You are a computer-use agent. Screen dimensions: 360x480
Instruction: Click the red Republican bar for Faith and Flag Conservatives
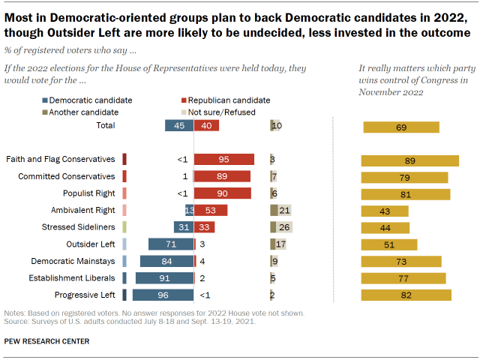click(x=223, y=159)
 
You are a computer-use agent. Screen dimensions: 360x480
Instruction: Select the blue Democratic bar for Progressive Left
click(x=163, y=295)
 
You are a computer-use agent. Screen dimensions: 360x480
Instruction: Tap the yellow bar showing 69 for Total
click(x=401, y=127)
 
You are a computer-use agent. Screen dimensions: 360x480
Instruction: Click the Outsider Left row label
click(x=89, y=244)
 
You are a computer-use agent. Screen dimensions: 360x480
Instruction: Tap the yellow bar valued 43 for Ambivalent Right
click(x=385, y=210)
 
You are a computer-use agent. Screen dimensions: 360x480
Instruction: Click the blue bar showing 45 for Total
click(x=179, y=126)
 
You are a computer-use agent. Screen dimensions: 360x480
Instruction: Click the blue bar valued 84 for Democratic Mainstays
click(x=167, y=261)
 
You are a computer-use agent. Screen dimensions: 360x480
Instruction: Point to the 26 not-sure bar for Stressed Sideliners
click(x=281, y=226)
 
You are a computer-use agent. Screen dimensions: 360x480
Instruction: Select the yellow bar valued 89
click(x=409, y=160)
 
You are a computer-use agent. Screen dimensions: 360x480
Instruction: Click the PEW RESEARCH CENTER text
click(x=46, y=341)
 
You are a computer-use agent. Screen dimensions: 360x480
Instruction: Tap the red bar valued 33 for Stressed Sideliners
click(x=204, y=226)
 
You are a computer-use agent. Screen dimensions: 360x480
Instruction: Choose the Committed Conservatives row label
click(x=67, y=176)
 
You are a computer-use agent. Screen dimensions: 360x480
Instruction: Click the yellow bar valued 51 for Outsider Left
click(x=389, y=244)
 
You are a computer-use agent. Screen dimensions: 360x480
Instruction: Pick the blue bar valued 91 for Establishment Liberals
click(x=165, y=277)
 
